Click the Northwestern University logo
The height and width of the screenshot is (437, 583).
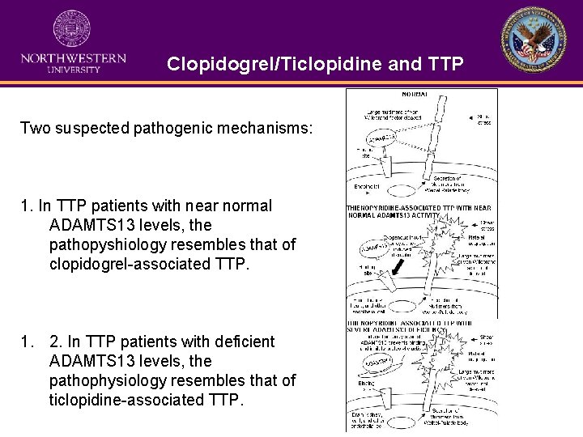click(73, 41)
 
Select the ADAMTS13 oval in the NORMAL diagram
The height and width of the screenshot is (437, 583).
click(385, 139)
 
